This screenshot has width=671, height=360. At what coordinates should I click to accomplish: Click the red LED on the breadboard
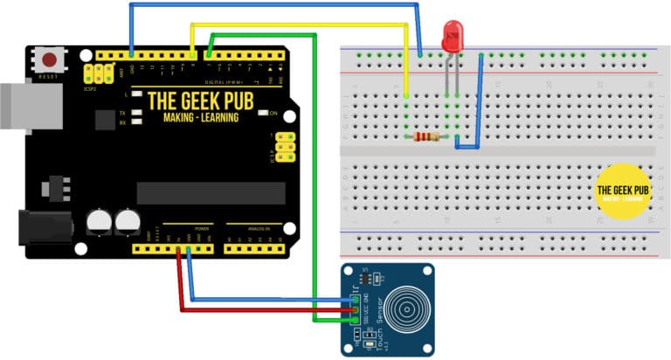click(x=453, y=38)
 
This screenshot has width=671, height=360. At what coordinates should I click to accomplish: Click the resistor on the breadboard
click(x=427, y=136)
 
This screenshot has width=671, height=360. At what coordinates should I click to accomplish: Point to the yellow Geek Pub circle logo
click(x=621, y=191)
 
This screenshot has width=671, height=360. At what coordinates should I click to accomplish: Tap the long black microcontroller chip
click(x=211, y=193)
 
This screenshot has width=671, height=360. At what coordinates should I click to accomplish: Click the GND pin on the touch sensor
click(x=356, y=298)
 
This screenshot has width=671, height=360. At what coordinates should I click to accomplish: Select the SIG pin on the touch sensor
click(x=356, y=319)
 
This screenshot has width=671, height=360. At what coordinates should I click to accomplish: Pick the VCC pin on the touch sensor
click(x=356, y=308)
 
